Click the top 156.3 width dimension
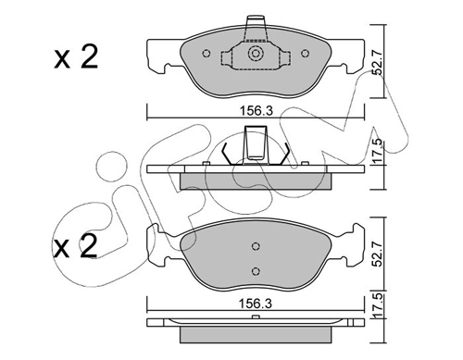[257, 111]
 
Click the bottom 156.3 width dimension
[257, 304]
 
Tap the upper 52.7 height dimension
[377, 63]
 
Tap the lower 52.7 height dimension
[377, 254]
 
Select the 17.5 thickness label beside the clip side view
[377, 151]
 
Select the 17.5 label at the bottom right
[377, 304]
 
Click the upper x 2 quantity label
[76, 56]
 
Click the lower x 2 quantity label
[75, 246]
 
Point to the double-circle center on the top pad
[256, 54]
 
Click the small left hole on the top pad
[206, 54]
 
